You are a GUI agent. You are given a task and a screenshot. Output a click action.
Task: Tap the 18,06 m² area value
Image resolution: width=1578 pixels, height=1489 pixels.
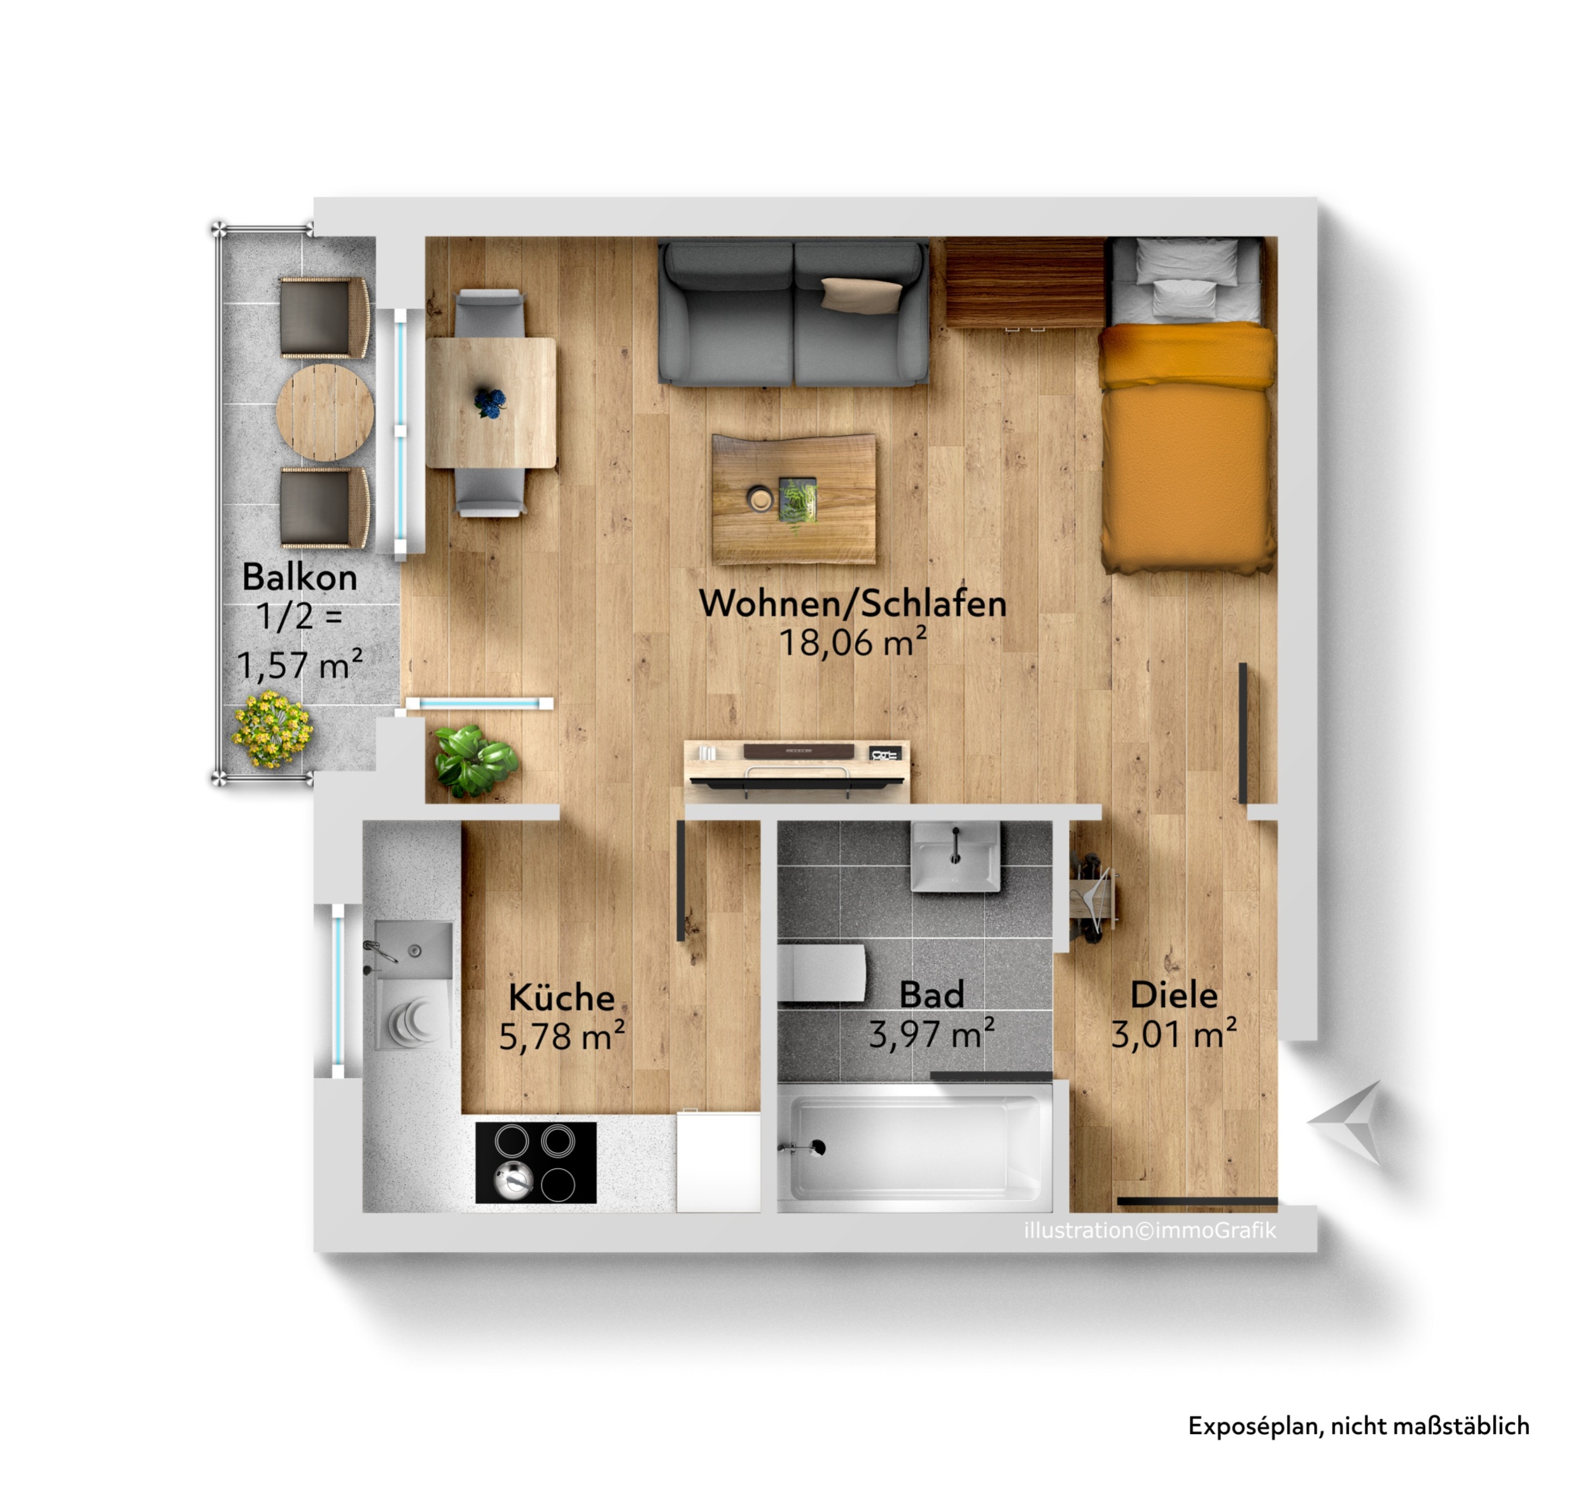pos(853,642)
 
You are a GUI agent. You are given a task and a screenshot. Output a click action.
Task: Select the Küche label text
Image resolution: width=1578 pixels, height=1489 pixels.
pos(561,997)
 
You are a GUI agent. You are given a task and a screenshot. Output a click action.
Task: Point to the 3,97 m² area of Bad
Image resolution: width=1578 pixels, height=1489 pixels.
pos(931,1034)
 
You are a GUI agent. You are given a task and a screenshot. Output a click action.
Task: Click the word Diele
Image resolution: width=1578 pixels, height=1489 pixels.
pos(1173,995)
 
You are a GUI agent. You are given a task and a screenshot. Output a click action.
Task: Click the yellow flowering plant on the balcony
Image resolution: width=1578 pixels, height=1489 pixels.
pos(272,729)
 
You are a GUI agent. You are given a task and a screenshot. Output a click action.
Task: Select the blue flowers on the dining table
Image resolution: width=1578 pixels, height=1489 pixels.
pos(491,402)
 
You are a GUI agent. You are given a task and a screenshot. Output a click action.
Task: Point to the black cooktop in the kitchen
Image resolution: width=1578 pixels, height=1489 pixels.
pos(536,1162)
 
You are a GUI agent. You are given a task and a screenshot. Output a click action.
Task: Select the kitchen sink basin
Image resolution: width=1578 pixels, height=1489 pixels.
pos(414,950)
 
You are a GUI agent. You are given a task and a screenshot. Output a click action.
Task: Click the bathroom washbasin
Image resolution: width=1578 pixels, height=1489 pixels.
pos(956,857)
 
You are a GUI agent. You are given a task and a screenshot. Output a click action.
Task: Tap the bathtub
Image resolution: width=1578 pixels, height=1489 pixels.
pos(914,1148)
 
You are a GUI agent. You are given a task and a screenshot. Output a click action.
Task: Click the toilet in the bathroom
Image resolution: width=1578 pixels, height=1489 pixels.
pos(821,974)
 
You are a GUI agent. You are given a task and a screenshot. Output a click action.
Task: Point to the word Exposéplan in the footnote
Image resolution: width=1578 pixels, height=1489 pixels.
pos(1255,1425)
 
